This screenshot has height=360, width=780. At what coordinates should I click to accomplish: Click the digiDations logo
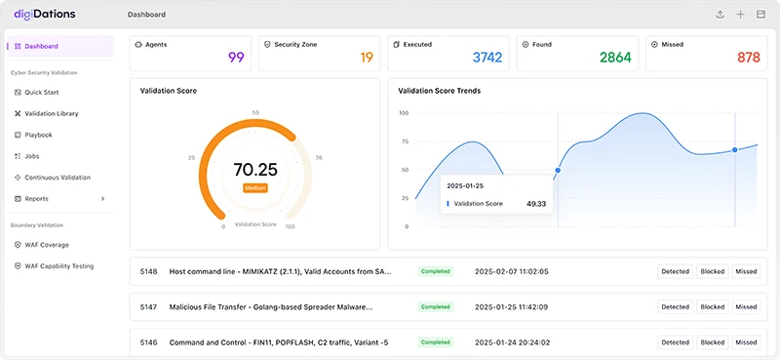tap(44, 15)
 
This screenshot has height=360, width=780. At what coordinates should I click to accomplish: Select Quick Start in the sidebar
tap(41, 92)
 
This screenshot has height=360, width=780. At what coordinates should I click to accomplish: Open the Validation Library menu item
tap(51, 113)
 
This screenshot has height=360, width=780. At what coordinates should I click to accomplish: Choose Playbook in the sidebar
tap(38, 135)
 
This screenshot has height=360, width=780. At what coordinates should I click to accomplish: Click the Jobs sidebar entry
tap(31, 156)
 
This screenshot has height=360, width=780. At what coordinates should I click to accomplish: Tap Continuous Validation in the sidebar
tap(57, 178)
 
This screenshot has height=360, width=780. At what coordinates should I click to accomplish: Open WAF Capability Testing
tap(58, 265)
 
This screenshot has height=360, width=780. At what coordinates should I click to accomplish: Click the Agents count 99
tap(236, 58)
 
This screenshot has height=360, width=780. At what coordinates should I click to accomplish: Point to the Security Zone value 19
tap(367, 58)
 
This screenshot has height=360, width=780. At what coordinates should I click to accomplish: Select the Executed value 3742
tap(487, 58)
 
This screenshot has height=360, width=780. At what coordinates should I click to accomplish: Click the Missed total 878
tap(748, 58)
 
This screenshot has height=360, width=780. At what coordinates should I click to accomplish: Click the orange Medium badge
tap(255, 187)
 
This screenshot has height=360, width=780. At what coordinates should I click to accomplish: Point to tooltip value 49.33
tap(535, 204)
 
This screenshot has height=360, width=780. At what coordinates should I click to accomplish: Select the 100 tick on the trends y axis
tap(403, 113)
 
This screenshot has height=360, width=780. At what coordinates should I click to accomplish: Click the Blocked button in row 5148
tap(712, 271)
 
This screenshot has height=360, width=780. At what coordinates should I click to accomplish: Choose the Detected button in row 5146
tap(675, 342)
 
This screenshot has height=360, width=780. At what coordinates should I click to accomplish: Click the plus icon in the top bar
tap(740, 15)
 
